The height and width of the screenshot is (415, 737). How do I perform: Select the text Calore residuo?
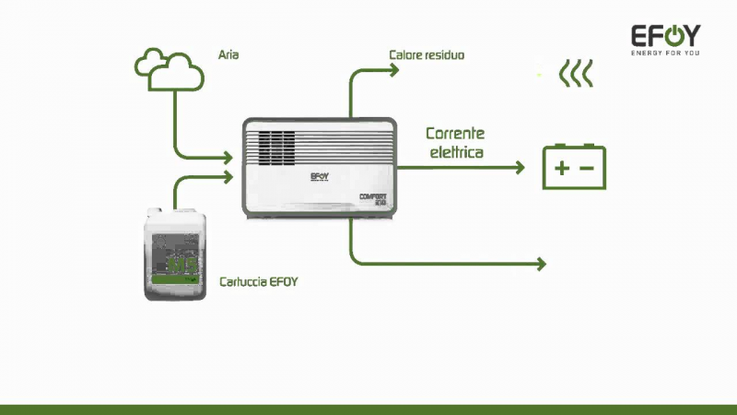[427, 55]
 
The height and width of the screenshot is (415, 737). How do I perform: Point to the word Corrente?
[455, 134]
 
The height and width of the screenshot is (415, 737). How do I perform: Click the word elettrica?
[456, 152]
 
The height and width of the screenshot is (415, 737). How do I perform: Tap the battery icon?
[574, 167]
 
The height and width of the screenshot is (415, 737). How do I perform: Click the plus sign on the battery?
[561, 169]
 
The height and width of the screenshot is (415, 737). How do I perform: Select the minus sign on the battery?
[587, 169]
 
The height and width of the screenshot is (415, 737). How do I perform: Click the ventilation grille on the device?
[275, 145]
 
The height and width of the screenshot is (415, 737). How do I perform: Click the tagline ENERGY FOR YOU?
[664, 53]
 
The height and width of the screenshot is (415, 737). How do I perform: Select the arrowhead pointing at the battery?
[520, 168]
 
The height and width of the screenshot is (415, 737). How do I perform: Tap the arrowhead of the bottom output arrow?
[542, 264]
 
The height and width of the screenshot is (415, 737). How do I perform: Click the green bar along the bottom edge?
[368, 409]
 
